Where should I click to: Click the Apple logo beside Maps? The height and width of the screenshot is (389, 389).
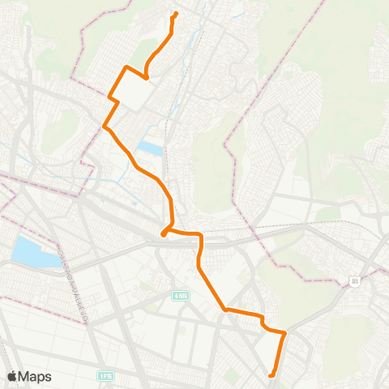click(x=12, y=376)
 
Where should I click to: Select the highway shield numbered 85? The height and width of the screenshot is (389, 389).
click(x=354, y=280)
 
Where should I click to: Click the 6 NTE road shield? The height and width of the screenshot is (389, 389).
click(x=181, y=295)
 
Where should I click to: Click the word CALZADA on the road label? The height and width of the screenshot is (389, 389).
click(x=62, y=258)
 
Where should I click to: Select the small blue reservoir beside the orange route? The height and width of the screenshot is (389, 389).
click(x=149, y=148)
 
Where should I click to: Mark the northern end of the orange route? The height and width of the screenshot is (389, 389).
click(x=176, y=14)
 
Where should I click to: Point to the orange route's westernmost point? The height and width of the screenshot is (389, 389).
click(x=104, y=126)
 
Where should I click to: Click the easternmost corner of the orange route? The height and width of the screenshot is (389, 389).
click(x=285, y=332)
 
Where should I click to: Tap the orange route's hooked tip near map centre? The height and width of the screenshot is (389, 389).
click(x=164, y=234)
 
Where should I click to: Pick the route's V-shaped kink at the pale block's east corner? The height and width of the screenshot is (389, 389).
click(x=147, y=78)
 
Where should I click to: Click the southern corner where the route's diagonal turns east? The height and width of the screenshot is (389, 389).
click(x=226, y=310)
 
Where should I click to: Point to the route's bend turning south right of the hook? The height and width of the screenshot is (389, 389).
click(x=201, y=237)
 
